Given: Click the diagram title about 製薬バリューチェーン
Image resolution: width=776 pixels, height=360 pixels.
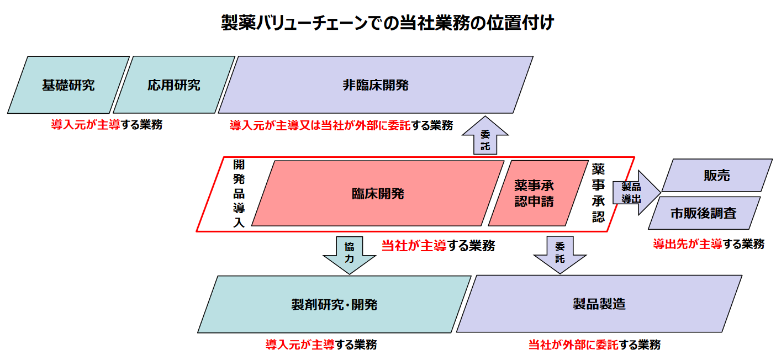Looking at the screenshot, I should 387,24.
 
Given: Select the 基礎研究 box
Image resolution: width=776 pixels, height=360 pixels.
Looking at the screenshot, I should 68,85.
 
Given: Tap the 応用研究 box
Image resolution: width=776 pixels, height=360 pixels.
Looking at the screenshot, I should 173,85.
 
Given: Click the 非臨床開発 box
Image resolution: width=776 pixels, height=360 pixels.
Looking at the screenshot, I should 376,85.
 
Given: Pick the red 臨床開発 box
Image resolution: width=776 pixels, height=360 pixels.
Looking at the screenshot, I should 378,194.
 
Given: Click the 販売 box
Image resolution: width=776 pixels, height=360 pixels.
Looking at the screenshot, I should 716,176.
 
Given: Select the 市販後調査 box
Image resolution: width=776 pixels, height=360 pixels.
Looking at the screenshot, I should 704,213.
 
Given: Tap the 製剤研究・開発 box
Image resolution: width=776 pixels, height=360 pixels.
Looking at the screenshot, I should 334,304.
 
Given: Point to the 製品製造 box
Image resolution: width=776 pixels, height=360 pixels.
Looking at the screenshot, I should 599,304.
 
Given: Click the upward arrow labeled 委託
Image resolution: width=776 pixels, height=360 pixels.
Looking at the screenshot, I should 485,137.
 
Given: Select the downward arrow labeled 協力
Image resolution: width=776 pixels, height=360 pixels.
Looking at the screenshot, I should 349,253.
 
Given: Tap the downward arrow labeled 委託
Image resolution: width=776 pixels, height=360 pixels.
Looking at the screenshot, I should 559,253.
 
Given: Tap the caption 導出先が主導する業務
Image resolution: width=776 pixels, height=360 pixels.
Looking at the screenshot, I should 709,244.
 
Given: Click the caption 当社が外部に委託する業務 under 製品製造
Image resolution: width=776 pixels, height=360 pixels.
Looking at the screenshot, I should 594,345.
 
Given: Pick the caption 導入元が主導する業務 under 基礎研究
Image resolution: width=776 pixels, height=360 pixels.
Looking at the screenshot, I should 107,125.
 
